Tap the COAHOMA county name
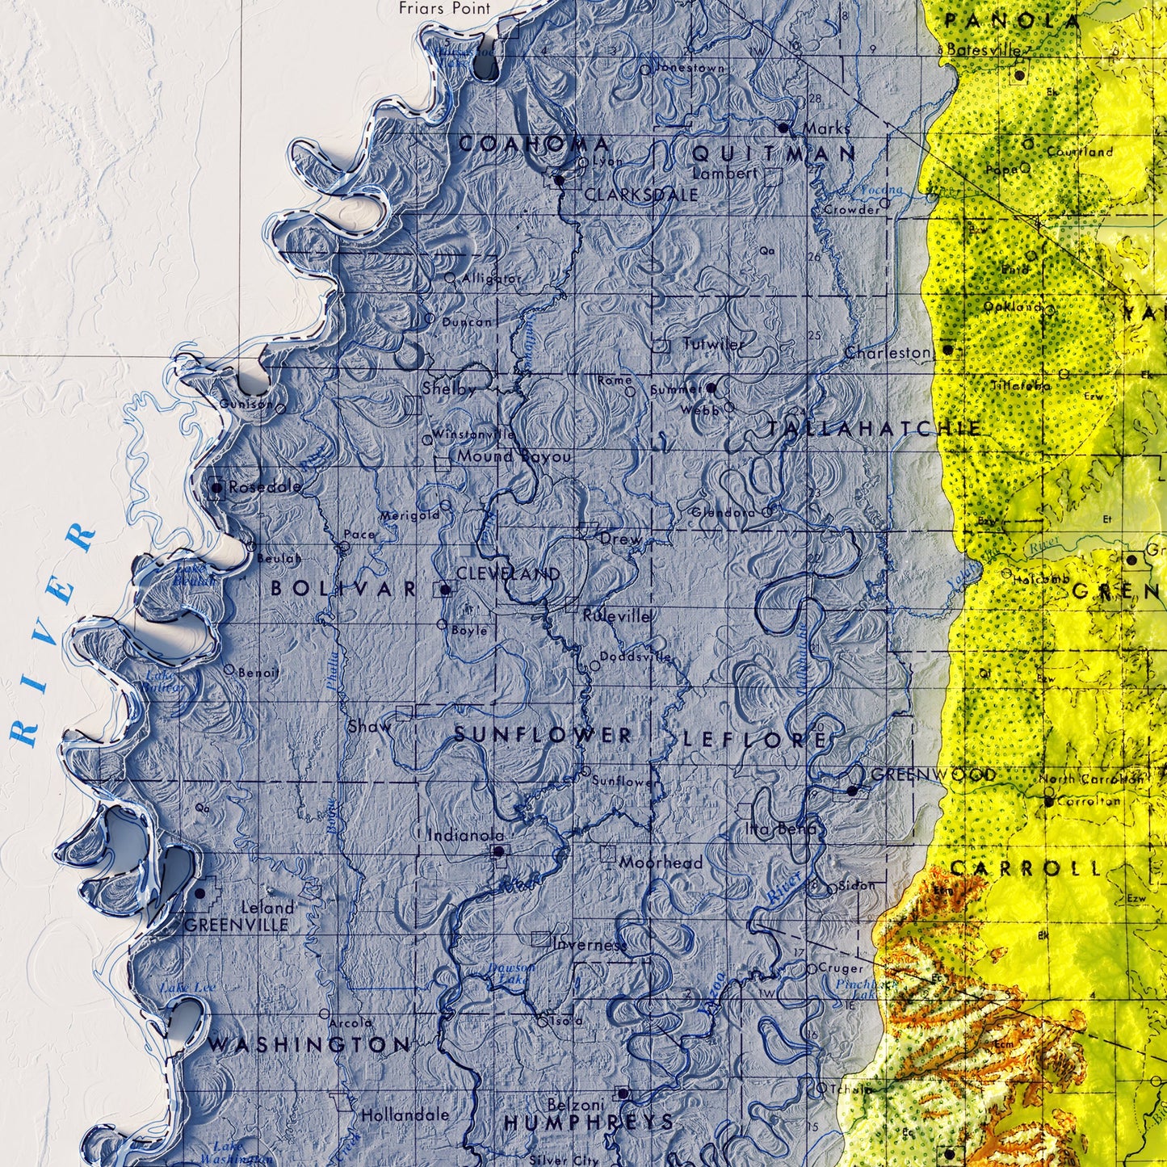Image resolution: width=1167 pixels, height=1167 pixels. [534, 145]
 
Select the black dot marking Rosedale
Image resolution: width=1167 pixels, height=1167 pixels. [216, 488]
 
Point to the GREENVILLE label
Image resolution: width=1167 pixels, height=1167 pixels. [236, 925]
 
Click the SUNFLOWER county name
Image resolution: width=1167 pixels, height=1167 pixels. [543, 735]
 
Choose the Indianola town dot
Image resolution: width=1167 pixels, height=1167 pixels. [498, 851]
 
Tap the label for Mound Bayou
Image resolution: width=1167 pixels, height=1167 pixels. [514, 456]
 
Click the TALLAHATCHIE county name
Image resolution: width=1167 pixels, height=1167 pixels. [874, 429]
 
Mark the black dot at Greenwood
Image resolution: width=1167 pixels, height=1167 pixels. [852, 791]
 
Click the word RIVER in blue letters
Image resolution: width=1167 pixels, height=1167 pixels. [52, 634]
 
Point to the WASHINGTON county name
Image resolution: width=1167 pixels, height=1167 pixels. [309, 1045]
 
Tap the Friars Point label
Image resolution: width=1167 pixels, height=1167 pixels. [444, 8]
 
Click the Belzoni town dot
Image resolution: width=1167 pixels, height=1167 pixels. [622, 1094]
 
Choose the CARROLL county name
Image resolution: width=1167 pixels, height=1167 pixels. [1025, 869]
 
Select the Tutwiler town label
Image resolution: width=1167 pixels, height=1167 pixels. [713, 344]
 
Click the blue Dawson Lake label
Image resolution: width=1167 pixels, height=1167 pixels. [510, 973]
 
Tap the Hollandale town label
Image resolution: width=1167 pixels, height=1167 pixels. [404, 1115]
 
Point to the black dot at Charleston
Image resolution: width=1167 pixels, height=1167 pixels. [948, 351]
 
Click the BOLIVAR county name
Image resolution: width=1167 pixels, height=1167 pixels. [343, 589]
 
